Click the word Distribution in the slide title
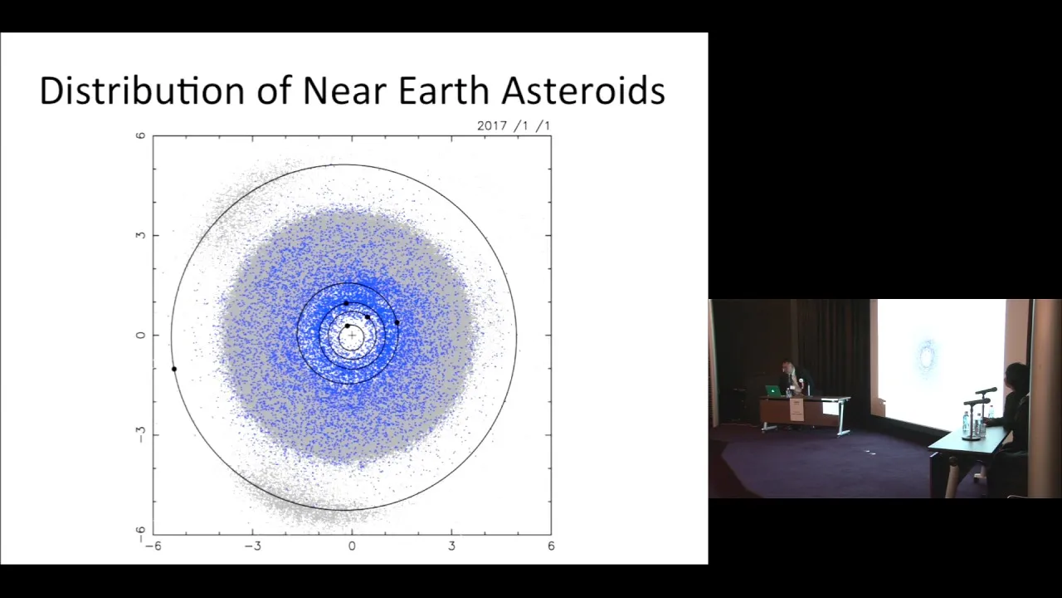[x=142, y=91]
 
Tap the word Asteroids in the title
[x=583, y=91]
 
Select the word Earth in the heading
[x=443, y=91]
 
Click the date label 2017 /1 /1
[x=514, y=125]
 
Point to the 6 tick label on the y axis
[x=140, y=135]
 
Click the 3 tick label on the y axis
[x=140, y=235]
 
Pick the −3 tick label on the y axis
[x=140, y=434]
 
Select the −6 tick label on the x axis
[x=153, y=547]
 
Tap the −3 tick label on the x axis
[x=252, y=547]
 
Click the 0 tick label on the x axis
[x=352, y=547]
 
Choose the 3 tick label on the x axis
[x=451, y=547]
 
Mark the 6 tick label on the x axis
[x=551, y=547]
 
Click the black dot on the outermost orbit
[x=174, y=369]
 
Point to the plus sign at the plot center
[x=352, y=335]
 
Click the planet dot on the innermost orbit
[x=347, y=326]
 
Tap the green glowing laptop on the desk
[x=772, y=390]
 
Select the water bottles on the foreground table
[x=971, y=424]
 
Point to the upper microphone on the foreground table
[x=986, y=390]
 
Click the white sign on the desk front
[x=797, y=410]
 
